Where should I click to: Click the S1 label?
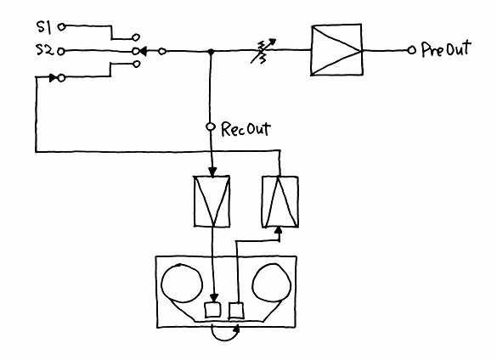[x=44, y=27]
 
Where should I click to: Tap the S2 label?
[x=45, y=50]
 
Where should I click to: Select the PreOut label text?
[x=446, y=49]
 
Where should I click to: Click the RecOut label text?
[x=246, y=128]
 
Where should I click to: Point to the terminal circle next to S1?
[x=62, y=27]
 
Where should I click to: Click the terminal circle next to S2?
[x=61, y=51]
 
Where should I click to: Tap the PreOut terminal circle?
[x=411, y=50]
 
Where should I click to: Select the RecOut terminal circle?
[x=211, y=127]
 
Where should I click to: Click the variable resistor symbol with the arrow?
[x=263, y=51]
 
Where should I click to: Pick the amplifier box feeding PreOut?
[x=336, y=50]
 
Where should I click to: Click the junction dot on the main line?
[x=210, y=51]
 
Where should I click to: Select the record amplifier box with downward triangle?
[x=212, y=201]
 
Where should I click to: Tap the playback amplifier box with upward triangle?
[x=280, y=202]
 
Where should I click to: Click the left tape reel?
[x=182, y=284]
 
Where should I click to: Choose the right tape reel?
[x=271, y=283]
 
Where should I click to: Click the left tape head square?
[x=212, y=310]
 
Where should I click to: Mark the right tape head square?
[x=236, y=311]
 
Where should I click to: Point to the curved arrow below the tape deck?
[x=225, y=336]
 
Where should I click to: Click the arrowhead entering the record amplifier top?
[x=212, y=172]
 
